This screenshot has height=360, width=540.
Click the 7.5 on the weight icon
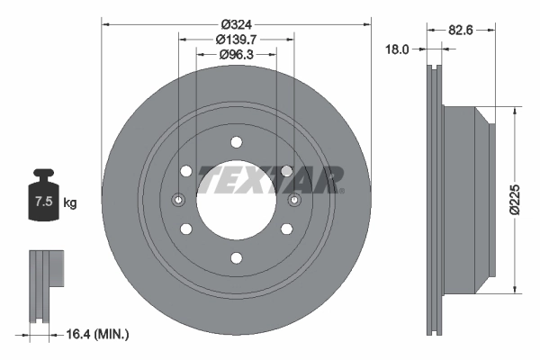42,202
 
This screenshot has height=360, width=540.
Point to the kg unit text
70,203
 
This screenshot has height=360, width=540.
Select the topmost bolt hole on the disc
236,141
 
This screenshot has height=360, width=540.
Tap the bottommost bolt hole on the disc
236,258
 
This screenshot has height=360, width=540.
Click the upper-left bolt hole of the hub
185,171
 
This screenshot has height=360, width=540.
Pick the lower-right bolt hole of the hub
286,229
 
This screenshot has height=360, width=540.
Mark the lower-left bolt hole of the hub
185,229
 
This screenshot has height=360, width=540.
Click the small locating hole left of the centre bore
178,200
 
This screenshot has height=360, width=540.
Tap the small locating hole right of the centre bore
294,200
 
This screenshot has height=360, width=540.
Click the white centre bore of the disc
236,200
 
